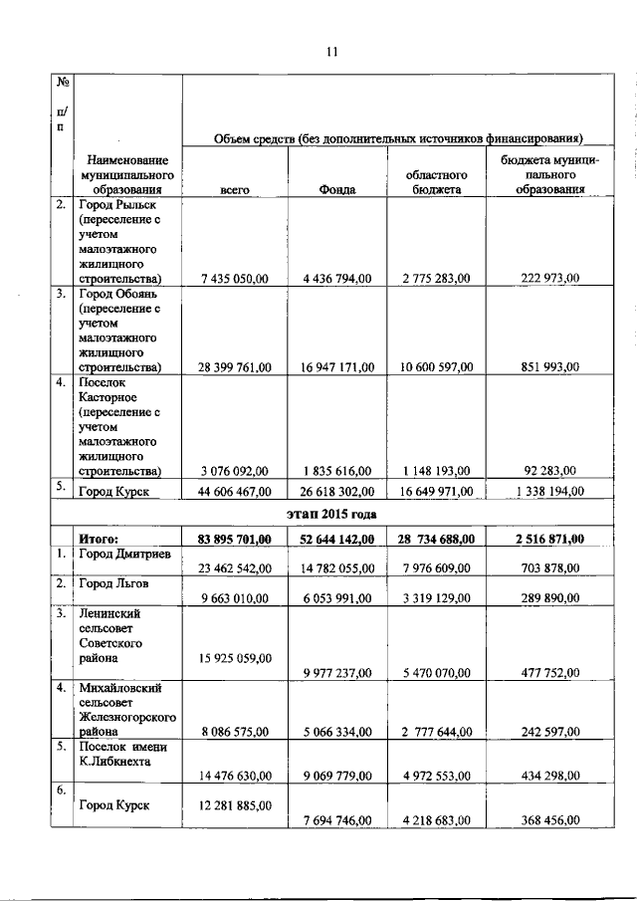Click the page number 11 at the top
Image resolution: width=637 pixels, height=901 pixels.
[331, 54]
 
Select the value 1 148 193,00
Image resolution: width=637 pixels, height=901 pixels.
[441, 470]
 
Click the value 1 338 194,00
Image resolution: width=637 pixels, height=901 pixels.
[548, 490]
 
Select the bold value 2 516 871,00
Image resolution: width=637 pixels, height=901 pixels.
[548, 539]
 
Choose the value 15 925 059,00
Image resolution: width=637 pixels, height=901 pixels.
[235, 656]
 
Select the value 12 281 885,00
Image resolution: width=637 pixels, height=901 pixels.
[235, 802]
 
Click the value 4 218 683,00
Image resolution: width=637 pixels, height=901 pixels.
[441, 819]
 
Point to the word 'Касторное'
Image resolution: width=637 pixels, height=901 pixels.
[108, 394]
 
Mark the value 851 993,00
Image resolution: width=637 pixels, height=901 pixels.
[548, 367]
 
